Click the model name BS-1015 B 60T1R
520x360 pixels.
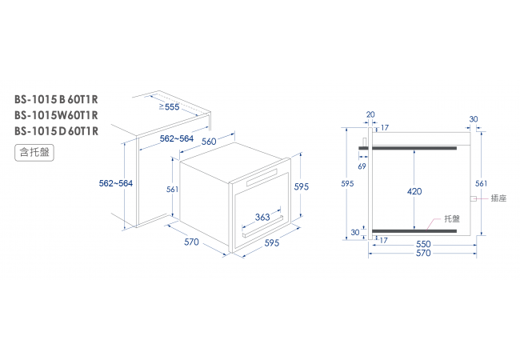56,99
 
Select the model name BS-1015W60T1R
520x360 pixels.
56,115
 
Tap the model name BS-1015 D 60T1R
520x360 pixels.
56,131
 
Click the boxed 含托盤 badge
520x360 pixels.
34,153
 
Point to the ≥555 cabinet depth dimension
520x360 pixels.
169,106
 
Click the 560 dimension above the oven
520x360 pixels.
209,142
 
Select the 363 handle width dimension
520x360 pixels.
262,217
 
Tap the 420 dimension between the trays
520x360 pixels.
414,191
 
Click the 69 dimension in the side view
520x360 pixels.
362,166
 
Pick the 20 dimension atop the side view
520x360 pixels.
370,114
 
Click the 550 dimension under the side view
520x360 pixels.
423,244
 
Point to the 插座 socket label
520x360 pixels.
498,198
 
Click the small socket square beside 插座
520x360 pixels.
474,198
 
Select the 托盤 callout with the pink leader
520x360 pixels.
452,218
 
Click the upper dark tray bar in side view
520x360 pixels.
407,148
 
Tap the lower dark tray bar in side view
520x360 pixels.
414,231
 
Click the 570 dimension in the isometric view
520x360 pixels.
191,242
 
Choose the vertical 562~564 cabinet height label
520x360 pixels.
116,183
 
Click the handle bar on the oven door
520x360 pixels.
262,226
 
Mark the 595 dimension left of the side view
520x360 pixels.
347,183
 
